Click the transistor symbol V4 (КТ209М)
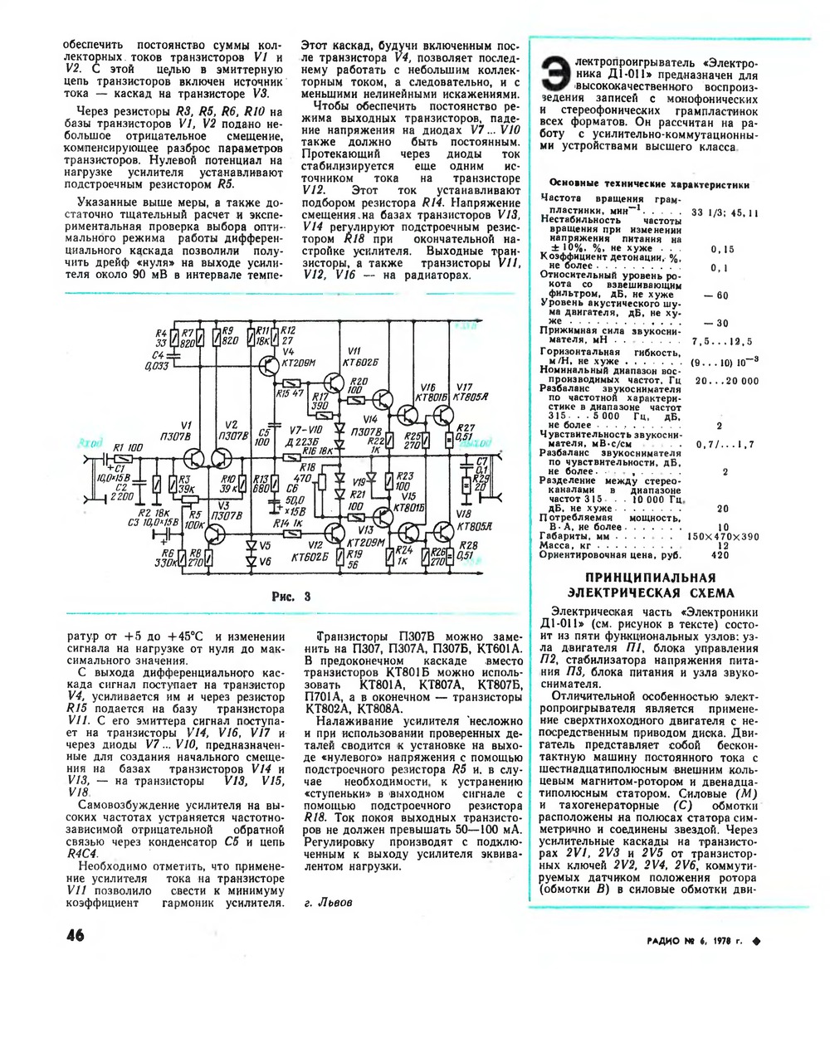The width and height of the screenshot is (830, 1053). [x=268, y=368]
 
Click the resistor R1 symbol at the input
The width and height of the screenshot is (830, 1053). [x=122, y=458]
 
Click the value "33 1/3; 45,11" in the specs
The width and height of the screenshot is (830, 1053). [x=725, y=213]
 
